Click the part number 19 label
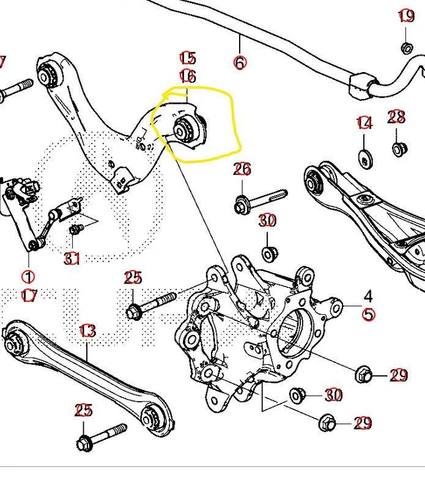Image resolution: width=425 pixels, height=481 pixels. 406,17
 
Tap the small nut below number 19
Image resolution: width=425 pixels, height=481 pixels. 406,48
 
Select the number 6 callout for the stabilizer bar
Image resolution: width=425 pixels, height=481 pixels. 240,62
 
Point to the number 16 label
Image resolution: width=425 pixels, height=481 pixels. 187,76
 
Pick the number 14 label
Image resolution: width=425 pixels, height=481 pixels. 364,123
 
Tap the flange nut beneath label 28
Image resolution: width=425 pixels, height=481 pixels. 398,149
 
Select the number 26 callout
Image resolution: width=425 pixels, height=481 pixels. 242,168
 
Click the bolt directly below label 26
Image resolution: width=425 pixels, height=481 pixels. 260,201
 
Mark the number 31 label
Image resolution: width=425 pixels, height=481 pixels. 72,259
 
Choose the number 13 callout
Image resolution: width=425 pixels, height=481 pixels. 87,331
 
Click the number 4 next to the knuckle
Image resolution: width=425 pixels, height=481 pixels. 368,296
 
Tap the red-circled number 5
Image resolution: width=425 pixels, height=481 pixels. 368,314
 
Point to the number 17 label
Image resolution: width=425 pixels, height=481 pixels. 29,295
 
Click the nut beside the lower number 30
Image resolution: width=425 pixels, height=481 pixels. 298,395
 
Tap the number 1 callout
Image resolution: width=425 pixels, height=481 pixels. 29,277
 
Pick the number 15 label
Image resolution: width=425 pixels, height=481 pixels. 187,58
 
